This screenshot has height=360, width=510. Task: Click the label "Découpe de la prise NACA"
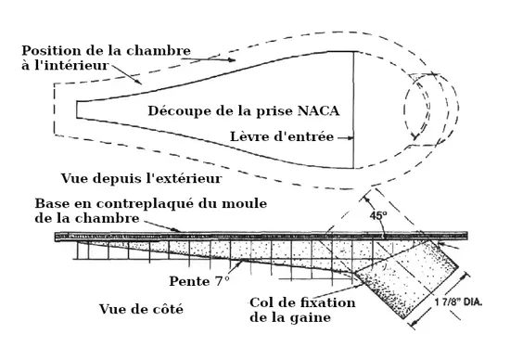point(244,110)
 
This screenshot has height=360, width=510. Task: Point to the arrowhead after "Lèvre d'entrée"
point(353,137)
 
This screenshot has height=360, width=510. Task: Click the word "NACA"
point(320,110)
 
